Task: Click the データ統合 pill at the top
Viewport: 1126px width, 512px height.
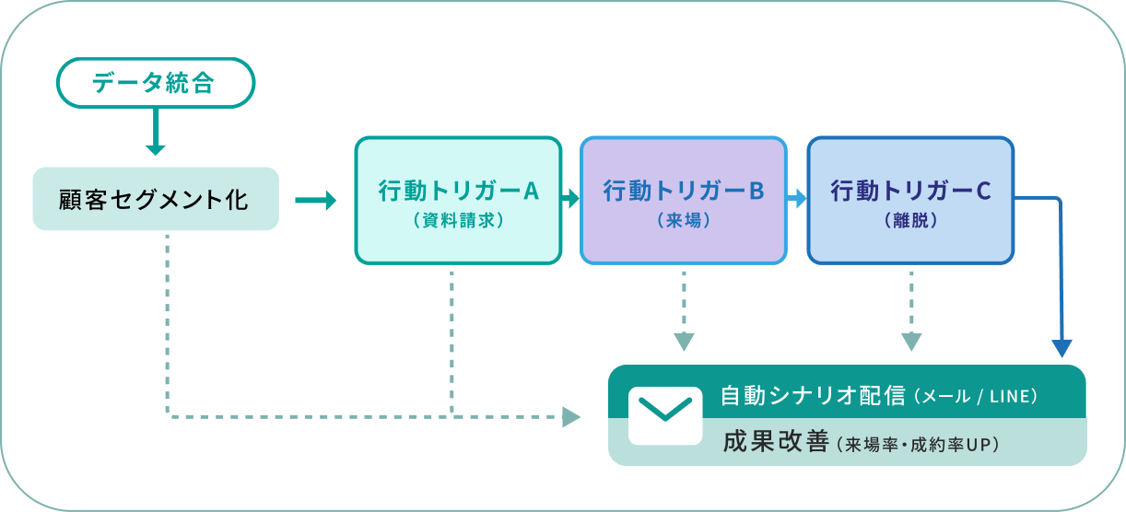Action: (x=155, y=83)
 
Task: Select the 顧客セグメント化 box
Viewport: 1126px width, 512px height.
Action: (x=155, y=199)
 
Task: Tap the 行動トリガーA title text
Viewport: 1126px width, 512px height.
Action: (x=458, y=191)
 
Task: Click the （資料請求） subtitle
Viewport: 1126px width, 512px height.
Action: (x=458, y=221)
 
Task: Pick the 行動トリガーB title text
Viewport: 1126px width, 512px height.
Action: (x=684, y=191)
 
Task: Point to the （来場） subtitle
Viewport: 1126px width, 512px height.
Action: (x=684, y=221)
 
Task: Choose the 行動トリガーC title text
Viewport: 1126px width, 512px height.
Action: (x=910, y=191)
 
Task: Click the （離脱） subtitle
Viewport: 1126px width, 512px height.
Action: (x=910, y=221)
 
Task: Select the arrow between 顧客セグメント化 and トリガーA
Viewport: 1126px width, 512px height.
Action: (x=316, y=200)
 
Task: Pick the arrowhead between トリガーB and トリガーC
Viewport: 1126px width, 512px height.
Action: (x=797, y=198)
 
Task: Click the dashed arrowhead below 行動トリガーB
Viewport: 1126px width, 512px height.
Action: (x=683, y=341)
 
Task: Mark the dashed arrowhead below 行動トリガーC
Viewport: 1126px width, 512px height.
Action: (x=910, y=341)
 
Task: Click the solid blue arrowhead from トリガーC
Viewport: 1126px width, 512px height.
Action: (x=1062, y=348)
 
